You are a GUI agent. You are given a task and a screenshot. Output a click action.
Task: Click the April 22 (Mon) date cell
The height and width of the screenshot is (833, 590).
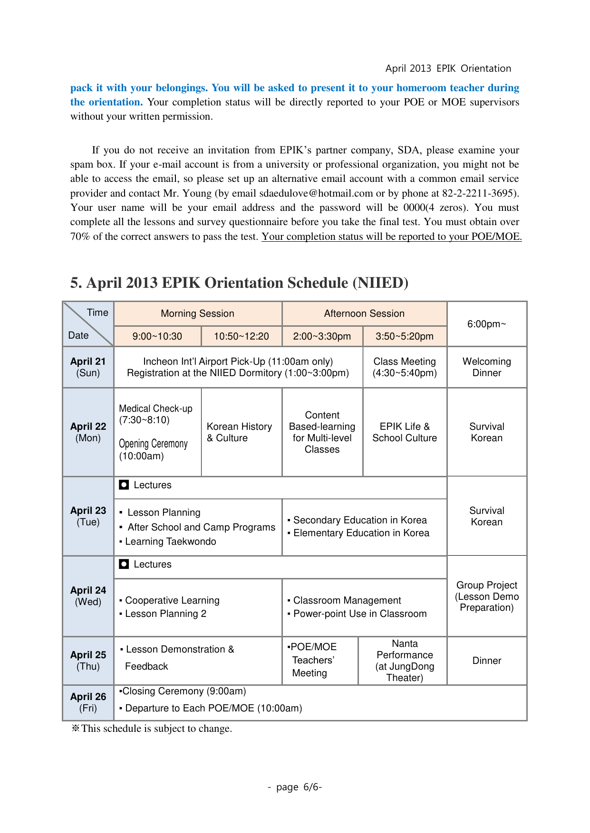pos(88,432)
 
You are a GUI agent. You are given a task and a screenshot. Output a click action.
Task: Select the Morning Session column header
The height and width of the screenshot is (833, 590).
pos(197,313)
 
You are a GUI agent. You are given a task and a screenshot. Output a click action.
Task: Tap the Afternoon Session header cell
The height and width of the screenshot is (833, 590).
pos(364,313)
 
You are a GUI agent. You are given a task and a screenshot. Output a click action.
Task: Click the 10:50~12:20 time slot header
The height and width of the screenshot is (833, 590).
pos(241,336)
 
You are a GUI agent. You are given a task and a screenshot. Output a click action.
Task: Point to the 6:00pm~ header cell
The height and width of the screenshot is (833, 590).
pos(486,324)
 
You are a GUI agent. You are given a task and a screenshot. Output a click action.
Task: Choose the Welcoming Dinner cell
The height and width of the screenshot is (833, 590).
pos(486,367)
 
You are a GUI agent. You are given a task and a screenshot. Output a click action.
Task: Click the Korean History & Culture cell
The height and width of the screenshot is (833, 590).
pos(240,432)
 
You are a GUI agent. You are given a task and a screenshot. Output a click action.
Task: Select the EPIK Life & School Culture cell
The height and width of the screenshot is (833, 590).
pos(405,432)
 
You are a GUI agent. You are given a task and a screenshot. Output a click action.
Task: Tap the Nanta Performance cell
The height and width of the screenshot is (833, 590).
pos(405,661)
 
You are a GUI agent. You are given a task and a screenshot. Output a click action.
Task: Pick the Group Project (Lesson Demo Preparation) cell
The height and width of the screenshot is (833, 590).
pos(486,596)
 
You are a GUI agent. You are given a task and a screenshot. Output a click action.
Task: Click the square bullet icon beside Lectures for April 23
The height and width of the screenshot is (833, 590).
pos(124,485)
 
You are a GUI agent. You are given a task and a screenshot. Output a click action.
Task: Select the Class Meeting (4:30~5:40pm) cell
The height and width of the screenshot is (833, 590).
pos(405,367)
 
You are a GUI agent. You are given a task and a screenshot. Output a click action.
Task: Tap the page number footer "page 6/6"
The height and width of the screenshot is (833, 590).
pos(295,787)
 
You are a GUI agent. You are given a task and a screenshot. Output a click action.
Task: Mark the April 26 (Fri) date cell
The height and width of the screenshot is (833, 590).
pos(88,702)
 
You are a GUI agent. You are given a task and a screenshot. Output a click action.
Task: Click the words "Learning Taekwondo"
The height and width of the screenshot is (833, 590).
pos(170,541)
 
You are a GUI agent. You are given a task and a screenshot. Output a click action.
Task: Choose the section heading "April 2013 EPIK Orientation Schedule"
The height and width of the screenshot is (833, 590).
pos(239,283)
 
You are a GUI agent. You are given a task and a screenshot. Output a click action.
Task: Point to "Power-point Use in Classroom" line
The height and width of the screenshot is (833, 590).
pos(360,614)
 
